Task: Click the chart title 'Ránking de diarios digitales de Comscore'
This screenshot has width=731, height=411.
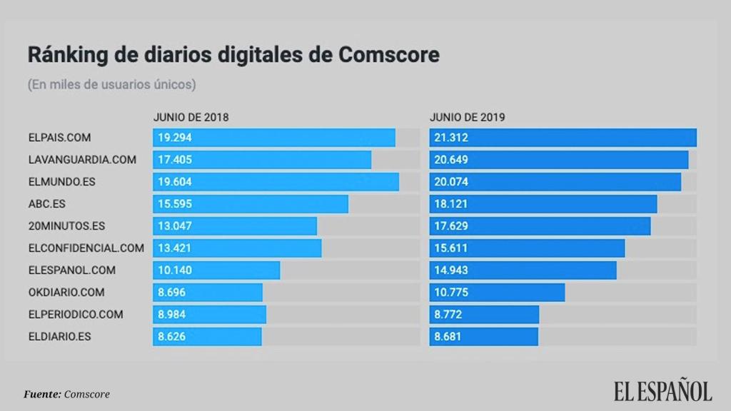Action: pyautogui.click(x=233, y=55)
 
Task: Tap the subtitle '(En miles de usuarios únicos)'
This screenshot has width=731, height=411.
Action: pyautogui.click(x=111, y=84)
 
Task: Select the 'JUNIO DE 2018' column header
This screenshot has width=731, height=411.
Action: pyautogui.click(x=191, y=118)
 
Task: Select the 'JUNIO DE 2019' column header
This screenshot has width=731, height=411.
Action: pyautogui.click(x=467, y=118)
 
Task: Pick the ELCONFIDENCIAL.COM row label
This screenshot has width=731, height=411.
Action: pyautogui.click(x=86, y=248)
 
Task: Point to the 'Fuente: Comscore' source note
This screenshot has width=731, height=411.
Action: pyautogui.click(x=67, y=394)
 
